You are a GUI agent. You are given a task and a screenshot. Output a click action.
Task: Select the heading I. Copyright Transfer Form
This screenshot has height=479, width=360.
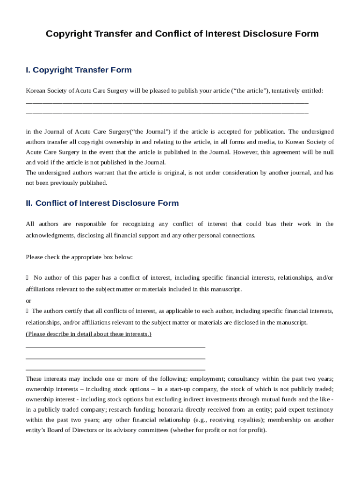[79, 70]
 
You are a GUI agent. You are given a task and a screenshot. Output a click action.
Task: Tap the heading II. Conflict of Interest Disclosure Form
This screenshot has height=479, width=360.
[102, 203]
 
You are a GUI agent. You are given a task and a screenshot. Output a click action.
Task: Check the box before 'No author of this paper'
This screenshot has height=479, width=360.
[27, 278]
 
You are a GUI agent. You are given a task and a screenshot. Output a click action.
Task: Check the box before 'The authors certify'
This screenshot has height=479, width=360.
[27, 311]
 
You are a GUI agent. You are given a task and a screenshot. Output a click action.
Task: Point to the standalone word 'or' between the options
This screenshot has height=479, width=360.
[29, 301]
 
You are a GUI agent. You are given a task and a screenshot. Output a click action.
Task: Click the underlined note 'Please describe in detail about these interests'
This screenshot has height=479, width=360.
[88, 334]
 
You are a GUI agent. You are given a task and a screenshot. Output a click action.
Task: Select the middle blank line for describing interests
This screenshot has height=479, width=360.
[115, 358]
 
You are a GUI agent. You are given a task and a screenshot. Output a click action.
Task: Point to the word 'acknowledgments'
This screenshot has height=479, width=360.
[50, 235]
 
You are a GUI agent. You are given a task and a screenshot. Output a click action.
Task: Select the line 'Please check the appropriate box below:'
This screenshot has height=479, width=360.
[79, 257]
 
